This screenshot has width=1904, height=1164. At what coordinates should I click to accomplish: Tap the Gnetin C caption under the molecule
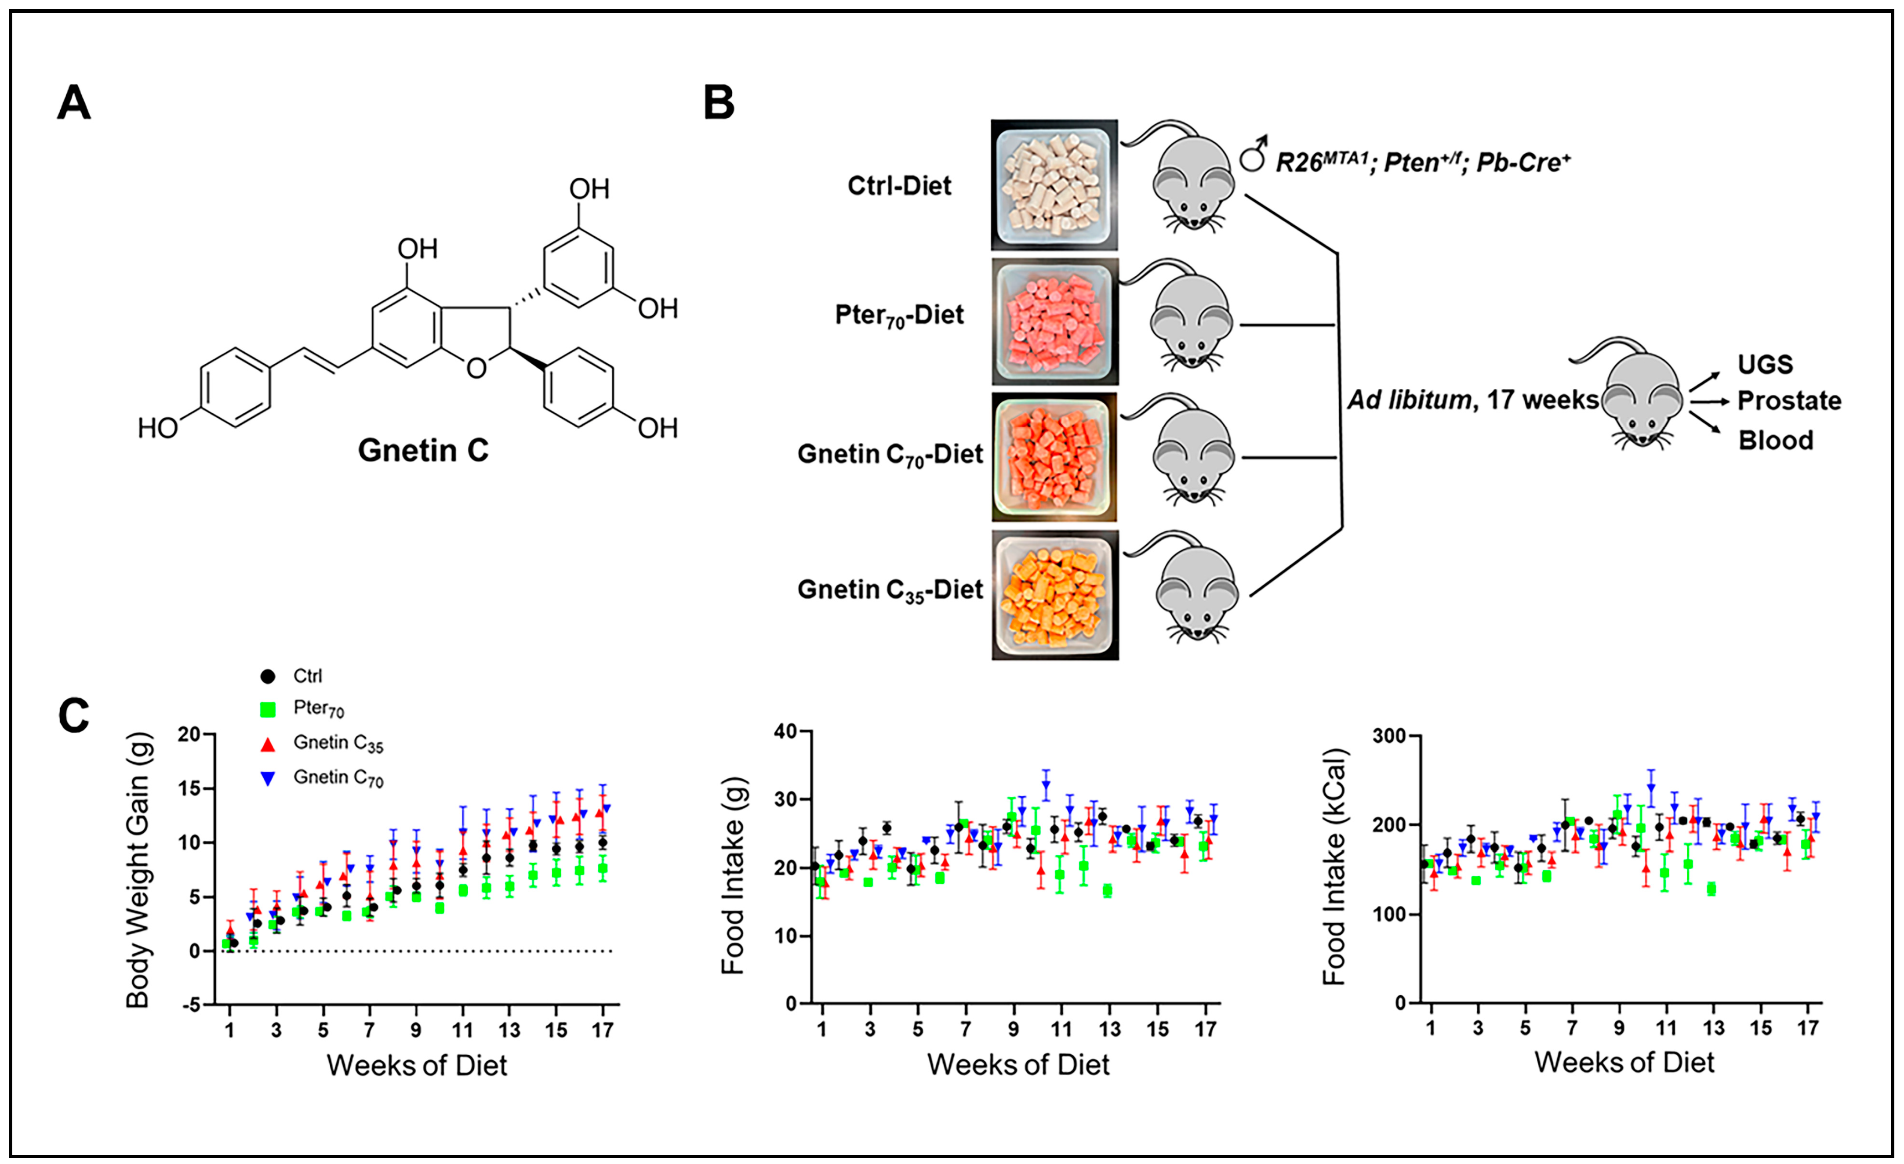point(423,450)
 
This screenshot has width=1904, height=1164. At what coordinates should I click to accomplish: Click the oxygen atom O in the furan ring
point(477,369)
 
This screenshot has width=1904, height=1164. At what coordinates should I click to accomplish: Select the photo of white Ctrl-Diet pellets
point(1054,185)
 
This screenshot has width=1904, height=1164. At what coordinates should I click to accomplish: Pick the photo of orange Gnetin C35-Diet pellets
point(1055,595)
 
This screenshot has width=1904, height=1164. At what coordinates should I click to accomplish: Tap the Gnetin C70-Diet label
point(890,455)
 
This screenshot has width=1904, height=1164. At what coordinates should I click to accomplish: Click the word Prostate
point(1789,401)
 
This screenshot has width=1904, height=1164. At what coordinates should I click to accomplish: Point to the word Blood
point(1775,440)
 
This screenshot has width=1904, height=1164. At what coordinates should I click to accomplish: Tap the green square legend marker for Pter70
point(267,709)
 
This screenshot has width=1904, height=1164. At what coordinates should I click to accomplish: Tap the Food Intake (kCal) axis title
point(1334,867)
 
